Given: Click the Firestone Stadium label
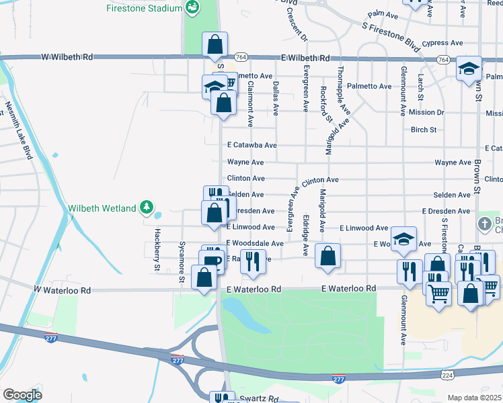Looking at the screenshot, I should (144, 8).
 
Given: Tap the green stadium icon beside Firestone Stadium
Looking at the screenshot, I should (193, 7).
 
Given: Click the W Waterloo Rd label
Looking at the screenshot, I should (63, 290).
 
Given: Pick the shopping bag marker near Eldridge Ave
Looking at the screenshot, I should (327, 257).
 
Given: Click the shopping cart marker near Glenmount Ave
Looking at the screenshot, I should (438, 293).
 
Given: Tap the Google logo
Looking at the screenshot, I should (22, 394).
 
